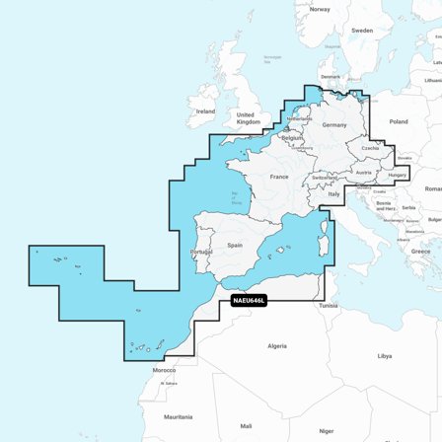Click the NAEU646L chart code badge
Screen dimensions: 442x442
(249, 300)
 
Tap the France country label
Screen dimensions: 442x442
(279, 177)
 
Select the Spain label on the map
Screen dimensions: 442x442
(235, 245)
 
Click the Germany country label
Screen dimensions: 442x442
(334, 125)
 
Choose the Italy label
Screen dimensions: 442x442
(334, 194)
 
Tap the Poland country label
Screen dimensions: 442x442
(398, 121)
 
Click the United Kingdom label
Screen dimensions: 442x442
(246, 117)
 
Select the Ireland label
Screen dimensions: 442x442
(205, 111)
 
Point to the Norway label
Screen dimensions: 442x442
(320, 9)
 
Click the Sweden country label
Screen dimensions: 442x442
(362, 31)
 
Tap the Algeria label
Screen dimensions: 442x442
(277, 346)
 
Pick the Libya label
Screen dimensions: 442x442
(384, 355)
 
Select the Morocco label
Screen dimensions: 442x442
(164, 370)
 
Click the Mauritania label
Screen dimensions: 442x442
(179, 416)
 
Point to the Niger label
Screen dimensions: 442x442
(326, 430)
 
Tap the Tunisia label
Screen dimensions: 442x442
(328, 305)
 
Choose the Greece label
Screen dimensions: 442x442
(420, 251)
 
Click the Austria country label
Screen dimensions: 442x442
(363, 173)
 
